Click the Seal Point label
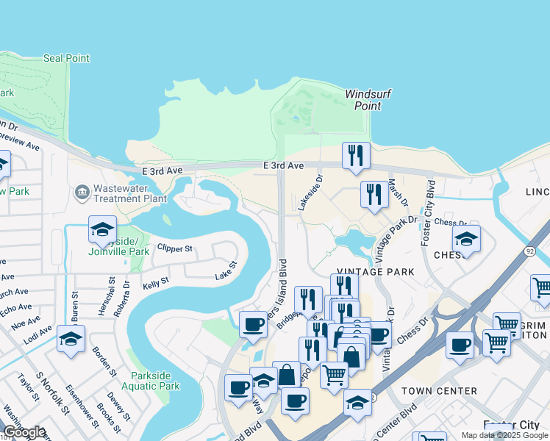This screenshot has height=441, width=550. tap(66, 58)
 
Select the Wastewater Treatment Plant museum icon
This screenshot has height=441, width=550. tap(82, 193)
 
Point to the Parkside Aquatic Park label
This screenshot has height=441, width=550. tap(155, 380)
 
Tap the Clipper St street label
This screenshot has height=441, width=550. tap(174, 248)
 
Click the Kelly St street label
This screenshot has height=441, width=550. tap(156, 281)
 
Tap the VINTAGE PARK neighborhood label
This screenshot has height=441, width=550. tap(376, 272)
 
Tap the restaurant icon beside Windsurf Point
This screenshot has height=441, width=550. tap(356, 155)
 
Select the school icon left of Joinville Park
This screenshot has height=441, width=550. tap(103, 229)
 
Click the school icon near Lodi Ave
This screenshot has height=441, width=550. tap(71, 339)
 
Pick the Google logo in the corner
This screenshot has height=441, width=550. tap(24, 432)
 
